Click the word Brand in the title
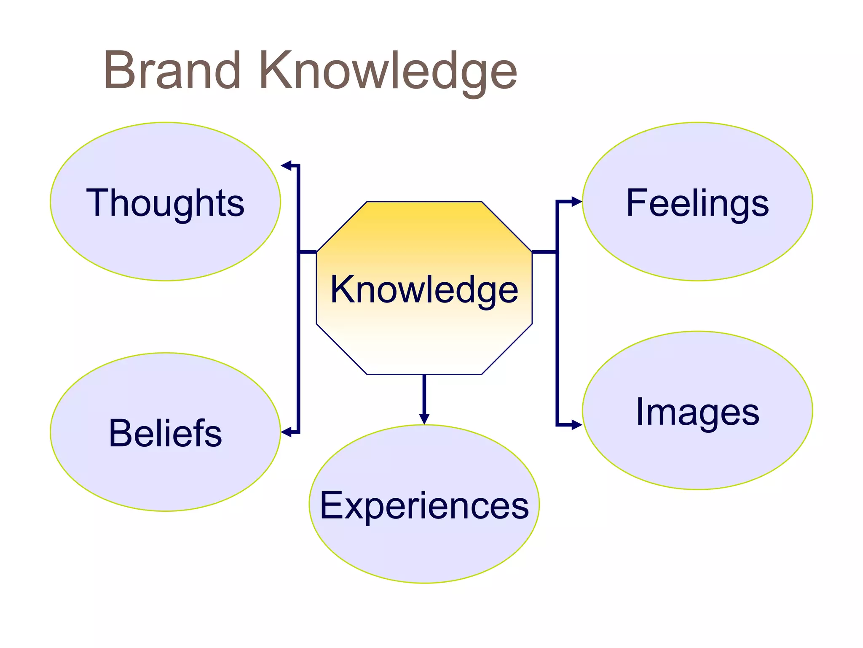pos(172,70)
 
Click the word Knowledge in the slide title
pos(388,72)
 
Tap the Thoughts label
pos(165,203)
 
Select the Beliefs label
pos(165,433)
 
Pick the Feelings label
pos(697,203)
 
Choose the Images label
pos(697,412)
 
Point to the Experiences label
pos(424,505)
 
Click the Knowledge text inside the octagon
pos(424,290)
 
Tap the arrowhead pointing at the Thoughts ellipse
pos(287,165)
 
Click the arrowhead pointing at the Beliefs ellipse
pos(286,432)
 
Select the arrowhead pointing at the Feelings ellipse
pos(576,202)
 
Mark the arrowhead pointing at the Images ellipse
pos(576,425)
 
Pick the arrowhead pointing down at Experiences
pos(424,418)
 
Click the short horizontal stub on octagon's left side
pos(308,252)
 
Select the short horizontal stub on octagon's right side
pos(544,252)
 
